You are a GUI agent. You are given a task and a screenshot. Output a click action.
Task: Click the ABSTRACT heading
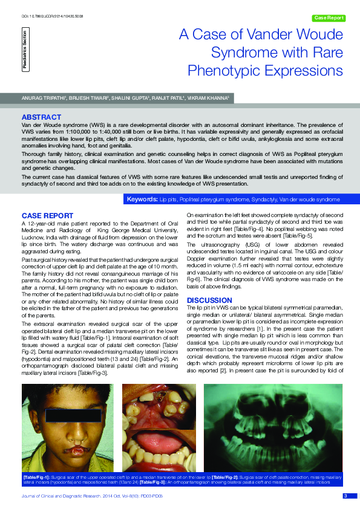[x=41, y=117]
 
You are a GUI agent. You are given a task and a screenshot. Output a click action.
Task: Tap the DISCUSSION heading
[x=209, y=300]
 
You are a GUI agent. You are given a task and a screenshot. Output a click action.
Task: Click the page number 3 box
[x=345, y=496]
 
